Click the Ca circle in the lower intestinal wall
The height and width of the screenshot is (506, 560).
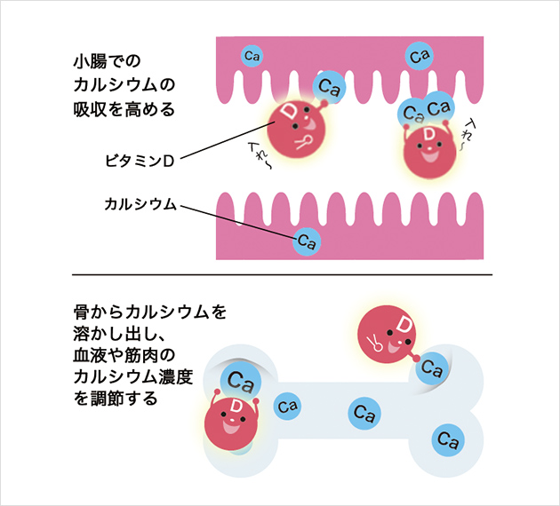307,241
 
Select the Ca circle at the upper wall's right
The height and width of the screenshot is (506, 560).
420,56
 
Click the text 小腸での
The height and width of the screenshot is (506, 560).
108,62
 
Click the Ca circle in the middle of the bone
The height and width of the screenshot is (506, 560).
362,412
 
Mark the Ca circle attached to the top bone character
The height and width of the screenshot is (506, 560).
432,365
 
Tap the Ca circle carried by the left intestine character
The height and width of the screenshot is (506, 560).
331,87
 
